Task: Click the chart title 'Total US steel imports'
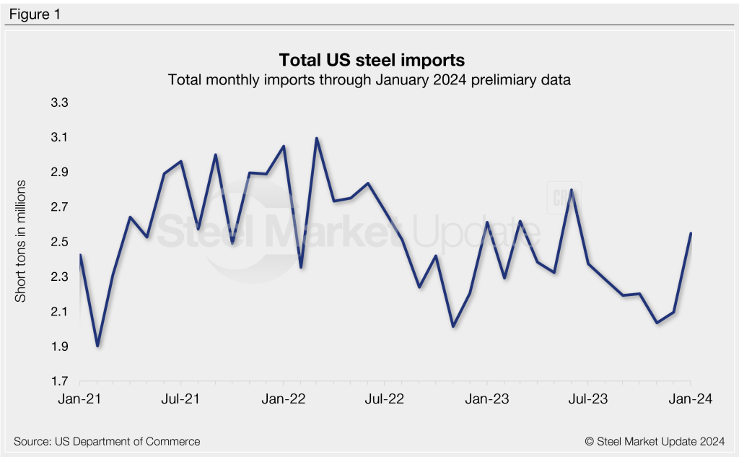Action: (369, 58)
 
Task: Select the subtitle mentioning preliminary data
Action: (369, 79)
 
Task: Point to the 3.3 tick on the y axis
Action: (59, 103)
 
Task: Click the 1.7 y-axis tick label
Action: (59, 382)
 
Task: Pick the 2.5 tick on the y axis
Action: (59, 242)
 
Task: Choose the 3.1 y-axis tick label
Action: (59, 137)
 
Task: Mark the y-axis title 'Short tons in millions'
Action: (21, 242)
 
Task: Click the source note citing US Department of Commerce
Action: (107, 441)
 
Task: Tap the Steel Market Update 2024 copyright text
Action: (655, 441)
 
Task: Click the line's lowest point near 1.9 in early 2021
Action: (97, 346)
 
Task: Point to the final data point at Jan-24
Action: (691, 233)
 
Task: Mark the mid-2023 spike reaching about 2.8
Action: (572, 190)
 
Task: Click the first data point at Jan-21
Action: (80, 255)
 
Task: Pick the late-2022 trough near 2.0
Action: (453, 326)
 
